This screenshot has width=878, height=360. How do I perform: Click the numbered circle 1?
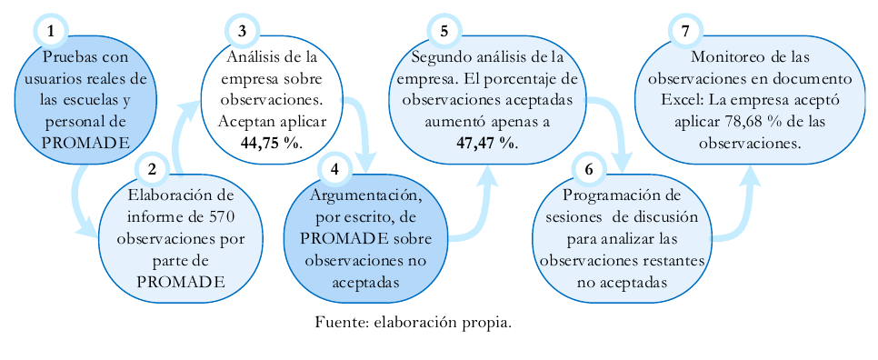click(x=51, y=31)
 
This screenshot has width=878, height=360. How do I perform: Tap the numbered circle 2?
click(x=152, y=168)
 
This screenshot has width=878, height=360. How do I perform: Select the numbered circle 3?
click(x=242, y=31)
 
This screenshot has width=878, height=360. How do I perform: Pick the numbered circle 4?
click(x=335, y=168)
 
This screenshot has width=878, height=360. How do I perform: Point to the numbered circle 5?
click(x=444, y=31)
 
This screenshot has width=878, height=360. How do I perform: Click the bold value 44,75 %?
click(x=270, y=143)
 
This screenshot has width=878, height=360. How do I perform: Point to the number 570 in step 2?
click(x=224, y=217)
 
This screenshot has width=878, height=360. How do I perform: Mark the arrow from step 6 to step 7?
click(x=741, y=205)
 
